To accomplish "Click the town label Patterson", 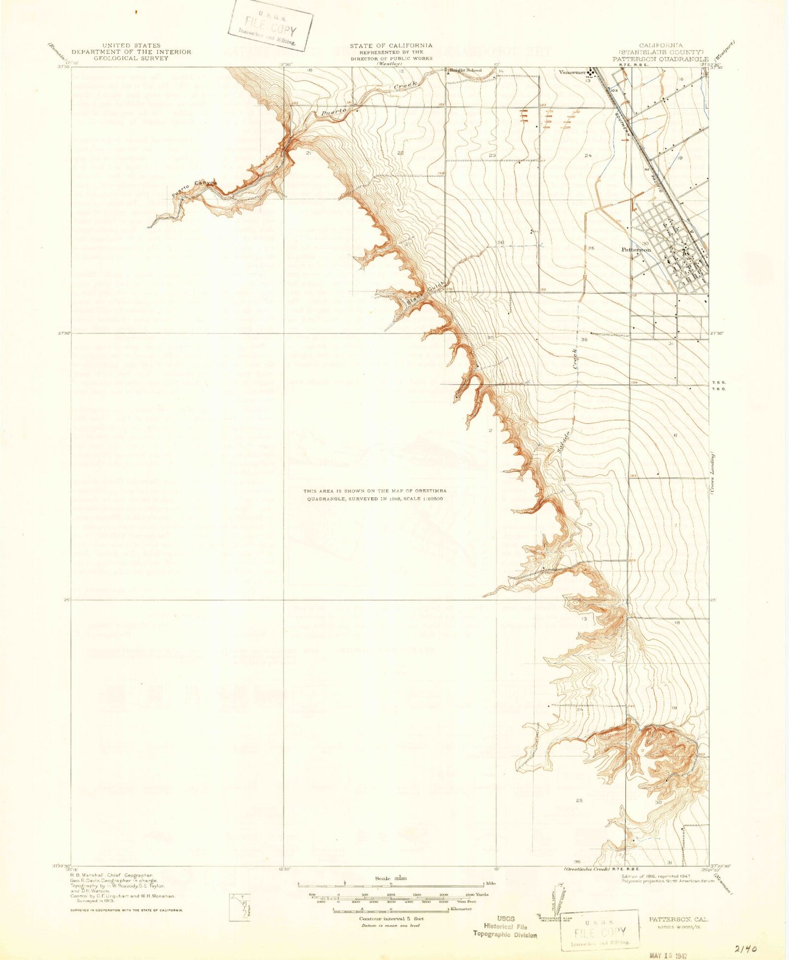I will pos(636,249).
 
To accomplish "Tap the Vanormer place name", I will pos(572,72).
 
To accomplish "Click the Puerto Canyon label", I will pos(194,189).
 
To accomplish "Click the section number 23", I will pos(492,156).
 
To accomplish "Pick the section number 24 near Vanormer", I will pos(588,156).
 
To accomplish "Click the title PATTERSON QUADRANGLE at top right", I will pos(660,58).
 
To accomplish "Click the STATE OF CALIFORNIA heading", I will pos(391,45).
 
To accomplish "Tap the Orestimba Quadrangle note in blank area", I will pos(375,494).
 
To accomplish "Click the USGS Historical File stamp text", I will pos(505,926).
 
